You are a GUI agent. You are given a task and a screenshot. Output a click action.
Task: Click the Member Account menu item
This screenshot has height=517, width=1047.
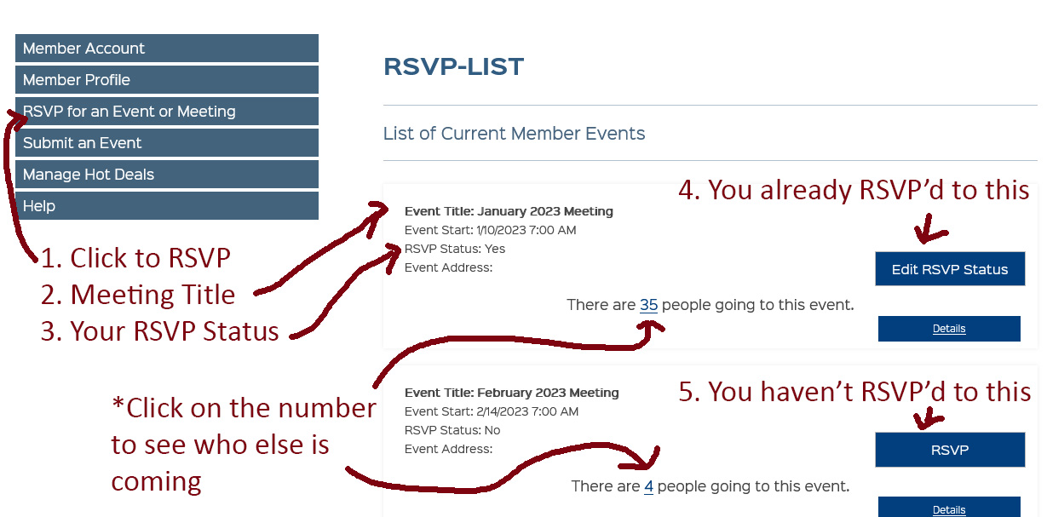tap(167, 49)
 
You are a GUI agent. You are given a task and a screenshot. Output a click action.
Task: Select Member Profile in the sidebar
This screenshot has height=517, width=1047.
tap(167, 79)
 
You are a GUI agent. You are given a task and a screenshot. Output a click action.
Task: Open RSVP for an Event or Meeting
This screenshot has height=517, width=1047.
tap(167, 112)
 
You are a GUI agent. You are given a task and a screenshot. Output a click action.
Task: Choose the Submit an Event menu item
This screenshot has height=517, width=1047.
tap(167, 142)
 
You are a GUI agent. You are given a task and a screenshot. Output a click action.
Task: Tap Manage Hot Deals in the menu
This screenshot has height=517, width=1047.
tap(167, 175)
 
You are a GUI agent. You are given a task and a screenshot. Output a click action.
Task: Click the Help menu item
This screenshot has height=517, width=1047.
tap(167, 205)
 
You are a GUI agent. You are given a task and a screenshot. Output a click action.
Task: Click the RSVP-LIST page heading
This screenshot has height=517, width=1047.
tap(453, 66)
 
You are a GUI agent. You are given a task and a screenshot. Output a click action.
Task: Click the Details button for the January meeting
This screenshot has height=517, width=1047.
tap(949, 329)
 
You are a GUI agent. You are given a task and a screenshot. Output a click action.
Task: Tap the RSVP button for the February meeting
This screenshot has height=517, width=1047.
tap(950, 450)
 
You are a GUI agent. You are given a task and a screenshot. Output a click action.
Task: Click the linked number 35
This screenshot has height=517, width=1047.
tap(649, 305)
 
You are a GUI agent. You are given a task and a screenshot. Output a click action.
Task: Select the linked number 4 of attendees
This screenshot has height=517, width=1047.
tap(649, 486)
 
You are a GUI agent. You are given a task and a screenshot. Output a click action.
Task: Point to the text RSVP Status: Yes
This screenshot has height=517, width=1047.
tap(455, 249)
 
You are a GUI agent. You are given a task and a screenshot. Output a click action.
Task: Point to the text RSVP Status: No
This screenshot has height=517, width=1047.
tap(452, 430)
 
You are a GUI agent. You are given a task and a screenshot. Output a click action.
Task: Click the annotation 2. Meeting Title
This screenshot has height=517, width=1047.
tap(138, 295)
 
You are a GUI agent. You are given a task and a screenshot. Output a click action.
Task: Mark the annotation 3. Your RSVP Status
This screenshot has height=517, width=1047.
tap(160, 331)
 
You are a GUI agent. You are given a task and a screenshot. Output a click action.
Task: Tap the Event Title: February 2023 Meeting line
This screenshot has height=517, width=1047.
tap(512, 393)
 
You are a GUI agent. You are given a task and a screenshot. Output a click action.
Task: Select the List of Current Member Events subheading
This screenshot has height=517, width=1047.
tap(515, 134)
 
